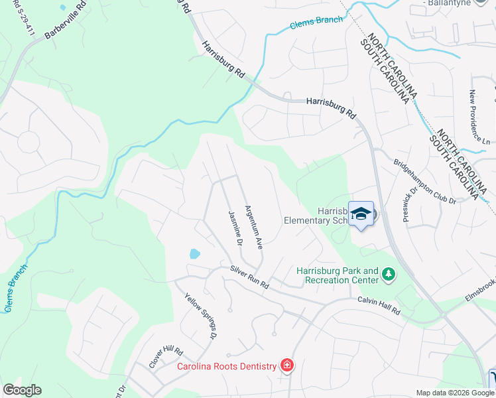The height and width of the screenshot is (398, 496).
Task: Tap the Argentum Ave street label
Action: click(255, 227)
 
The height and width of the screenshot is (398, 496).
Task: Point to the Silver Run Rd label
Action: click(249, 277)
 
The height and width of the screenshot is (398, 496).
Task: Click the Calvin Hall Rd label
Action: click(380, 305)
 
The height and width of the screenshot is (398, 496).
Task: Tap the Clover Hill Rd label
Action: click(165, 357)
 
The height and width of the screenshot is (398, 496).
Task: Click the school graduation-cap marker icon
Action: click(361, 214)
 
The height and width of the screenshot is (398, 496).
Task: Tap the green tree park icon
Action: click(389, 273)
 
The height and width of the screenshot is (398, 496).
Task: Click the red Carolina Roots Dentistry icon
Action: click(286, 365)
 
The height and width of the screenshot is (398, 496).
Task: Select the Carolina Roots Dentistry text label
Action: click(225, 366)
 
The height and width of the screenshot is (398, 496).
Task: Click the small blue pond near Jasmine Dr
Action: click(194, 253)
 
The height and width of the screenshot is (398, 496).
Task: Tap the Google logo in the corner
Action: click(22, 390)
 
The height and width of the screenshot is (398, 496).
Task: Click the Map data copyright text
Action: click(455, 393)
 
